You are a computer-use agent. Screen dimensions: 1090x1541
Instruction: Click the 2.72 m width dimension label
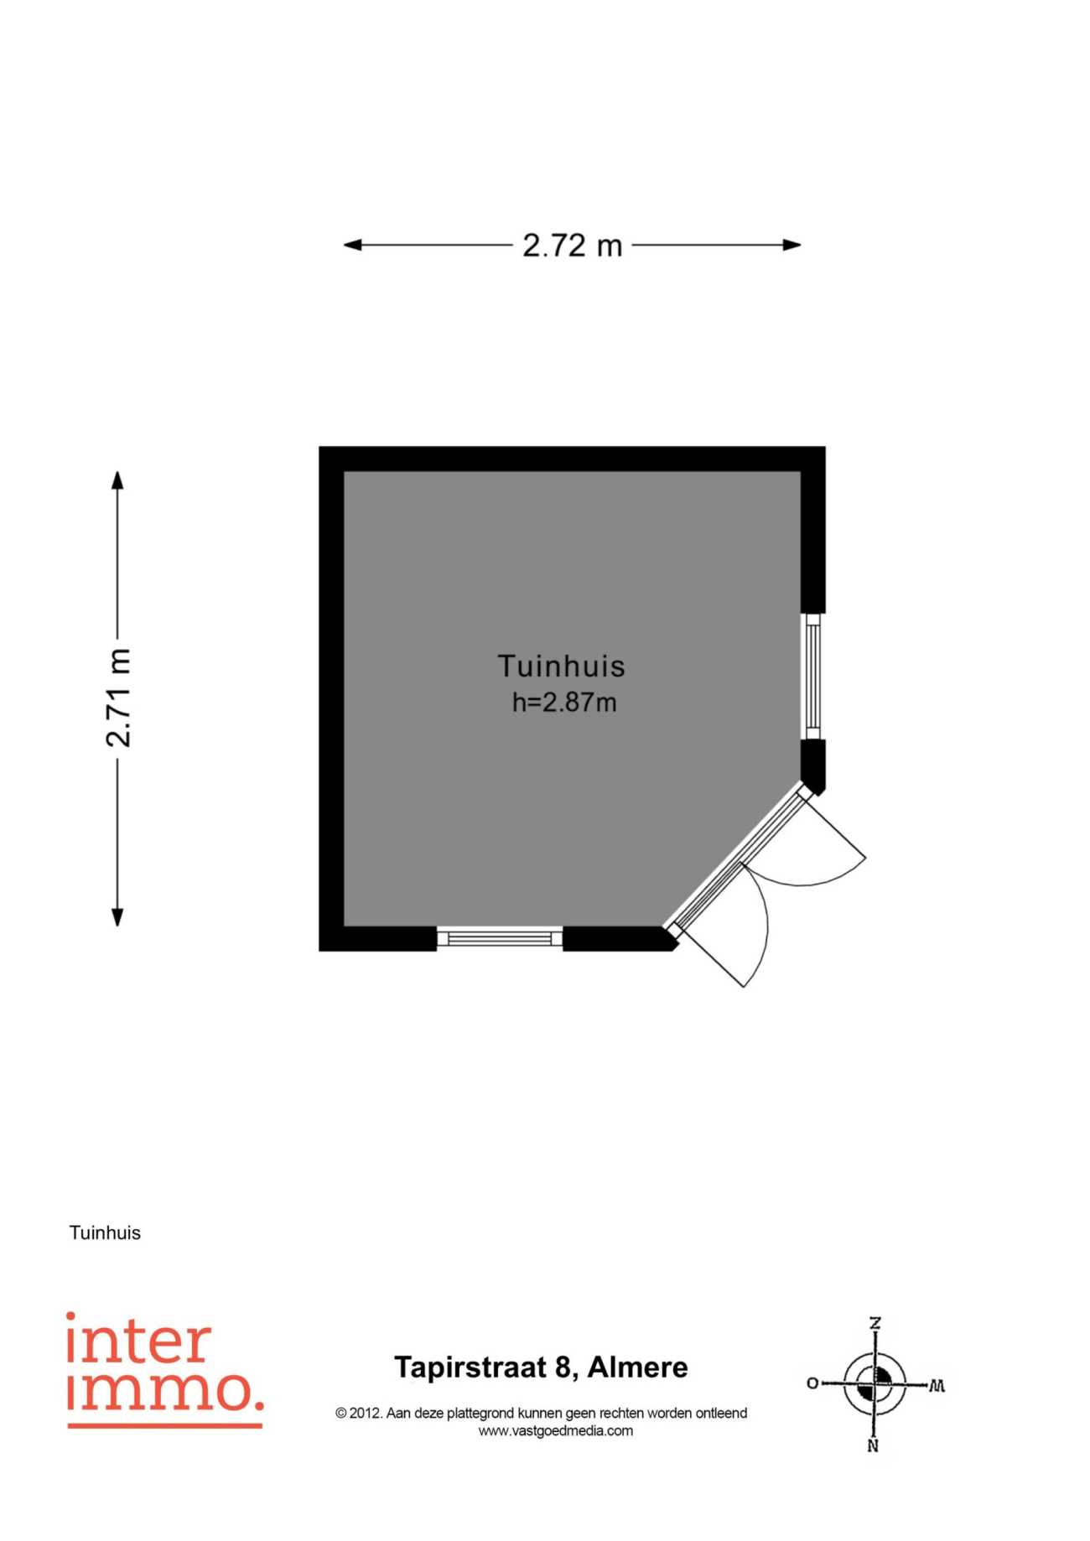coord(573,246)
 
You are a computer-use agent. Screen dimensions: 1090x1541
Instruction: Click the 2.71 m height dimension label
coord(118,698)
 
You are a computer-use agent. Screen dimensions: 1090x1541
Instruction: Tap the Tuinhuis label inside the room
coord(561,666)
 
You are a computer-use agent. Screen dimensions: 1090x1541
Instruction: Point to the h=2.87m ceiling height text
coord(564,702)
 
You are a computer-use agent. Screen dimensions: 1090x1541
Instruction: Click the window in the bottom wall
coord(500,938)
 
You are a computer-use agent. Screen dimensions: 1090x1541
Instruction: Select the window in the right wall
coord(812,676)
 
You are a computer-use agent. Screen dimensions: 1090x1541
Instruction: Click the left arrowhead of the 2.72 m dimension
coord(353,245)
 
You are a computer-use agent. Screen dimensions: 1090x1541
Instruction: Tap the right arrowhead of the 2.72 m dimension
coord(792,245)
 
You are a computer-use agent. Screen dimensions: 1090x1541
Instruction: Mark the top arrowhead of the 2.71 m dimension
coord(117,480)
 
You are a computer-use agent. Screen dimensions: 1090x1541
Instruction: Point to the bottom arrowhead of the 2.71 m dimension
coord(117,916)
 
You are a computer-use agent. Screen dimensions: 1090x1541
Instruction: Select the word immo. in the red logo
coord(165,1391)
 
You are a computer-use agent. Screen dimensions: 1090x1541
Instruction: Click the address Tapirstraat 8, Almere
coord(541,1367)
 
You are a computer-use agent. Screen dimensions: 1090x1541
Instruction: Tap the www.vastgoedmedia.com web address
coord(556,1431)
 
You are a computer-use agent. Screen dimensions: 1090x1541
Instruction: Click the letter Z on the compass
coord(875,1323)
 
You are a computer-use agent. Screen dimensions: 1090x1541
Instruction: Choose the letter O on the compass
coord(812,1383)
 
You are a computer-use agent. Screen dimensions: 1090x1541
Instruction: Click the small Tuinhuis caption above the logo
coord(105,1232)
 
